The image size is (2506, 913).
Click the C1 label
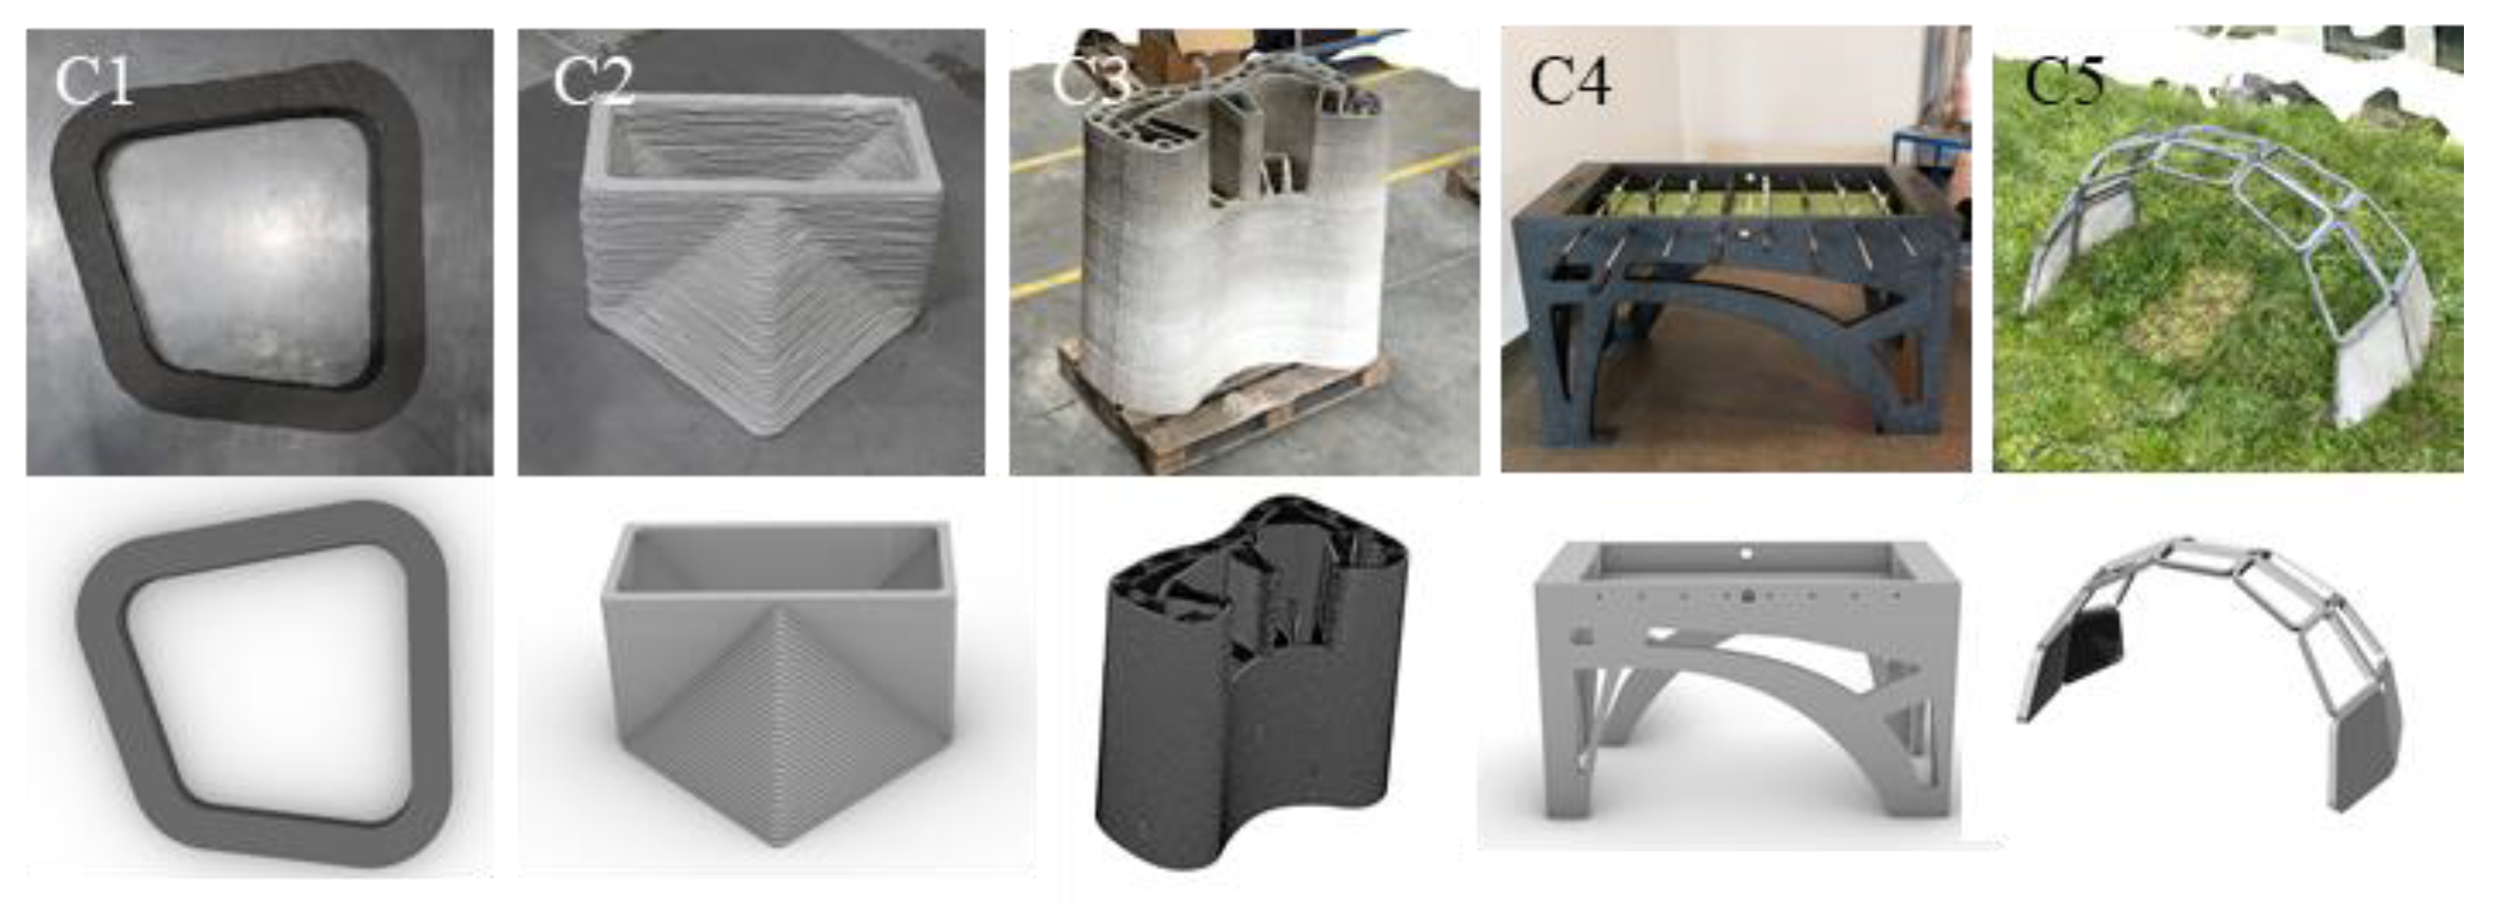tap(94, 80)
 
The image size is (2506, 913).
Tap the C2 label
tap(594, 80)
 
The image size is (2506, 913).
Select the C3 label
tap(1090, 80)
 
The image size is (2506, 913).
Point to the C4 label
tap(1570, 80)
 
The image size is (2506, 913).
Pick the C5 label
tap(2064, 80)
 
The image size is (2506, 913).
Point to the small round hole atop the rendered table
tap(1745, 554)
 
